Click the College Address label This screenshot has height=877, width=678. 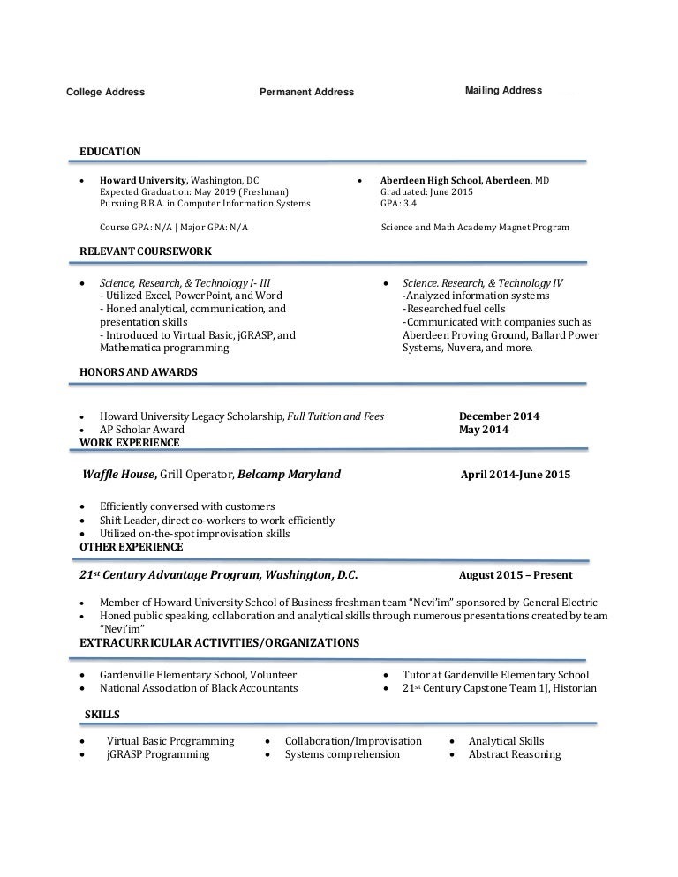coord(106,92)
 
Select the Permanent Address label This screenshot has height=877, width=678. coord(306,92)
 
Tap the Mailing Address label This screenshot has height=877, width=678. coord(503,90)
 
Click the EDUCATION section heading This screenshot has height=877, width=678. coord(110,152)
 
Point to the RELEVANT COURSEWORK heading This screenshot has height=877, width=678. coord(146,251)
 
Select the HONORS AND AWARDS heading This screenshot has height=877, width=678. coord(139,372)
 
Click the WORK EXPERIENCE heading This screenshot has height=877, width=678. coord(130,443)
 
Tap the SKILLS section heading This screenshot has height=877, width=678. coord(102,715)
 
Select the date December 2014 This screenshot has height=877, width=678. coord(499,416)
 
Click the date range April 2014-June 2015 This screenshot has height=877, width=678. coord(516,475)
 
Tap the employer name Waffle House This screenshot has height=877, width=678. coord(119,475)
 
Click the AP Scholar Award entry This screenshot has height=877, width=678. coord(142,430)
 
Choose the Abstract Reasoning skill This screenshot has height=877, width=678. coord(515,754)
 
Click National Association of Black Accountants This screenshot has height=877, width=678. coord(199,688)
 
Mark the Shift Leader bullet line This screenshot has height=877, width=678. coord(217,521)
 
